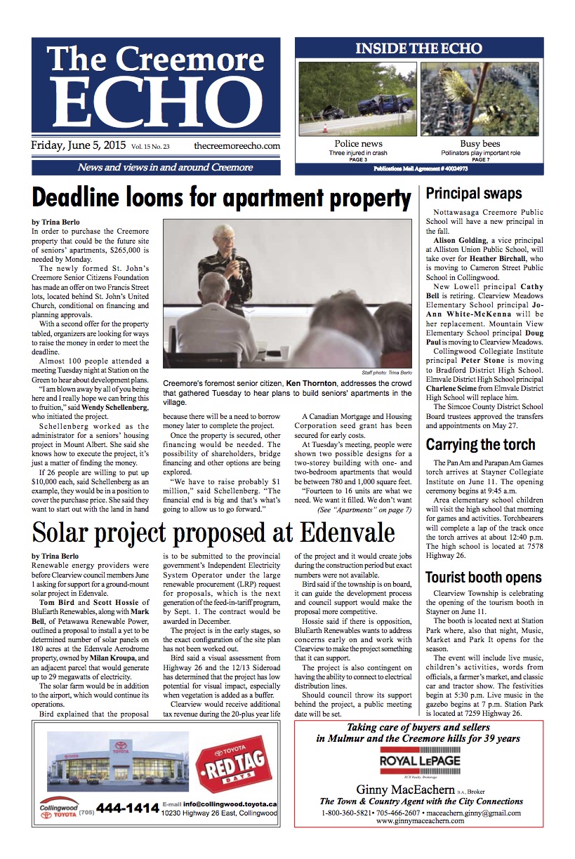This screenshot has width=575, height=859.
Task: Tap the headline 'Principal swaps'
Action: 474,194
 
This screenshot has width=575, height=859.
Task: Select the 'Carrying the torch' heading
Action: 480,445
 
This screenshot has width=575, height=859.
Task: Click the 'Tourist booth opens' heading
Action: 484,578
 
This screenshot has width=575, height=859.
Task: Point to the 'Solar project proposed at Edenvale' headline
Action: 213,533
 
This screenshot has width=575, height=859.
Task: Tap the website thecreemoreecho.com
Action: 237,146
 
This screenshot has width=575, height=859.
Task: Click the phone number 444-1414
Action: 127,808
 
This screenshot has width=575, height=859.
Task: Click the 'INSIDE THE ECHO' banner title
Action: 418,48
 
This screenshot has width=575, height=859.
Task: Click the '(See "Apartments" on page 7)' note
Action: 364,510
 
